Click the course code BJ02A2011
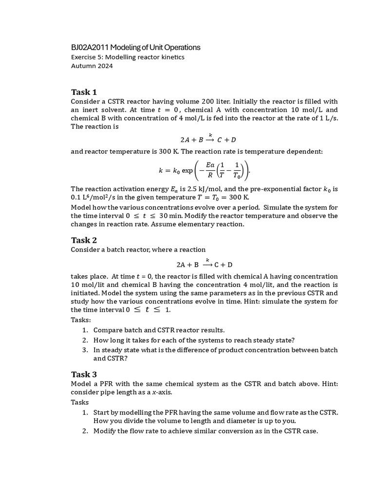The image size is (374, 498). [90, 47]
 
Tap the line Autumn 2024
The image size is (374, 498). [92, 66]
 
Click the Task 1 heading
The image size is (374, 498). [84, 92]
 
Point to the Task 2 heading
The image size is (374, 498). [84, 240]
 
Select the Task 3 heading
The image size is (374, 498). [84, 374]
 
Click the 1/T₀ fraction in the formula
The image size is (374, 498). [237, 171]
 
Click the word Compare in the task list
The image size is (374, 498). [108, 330]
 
